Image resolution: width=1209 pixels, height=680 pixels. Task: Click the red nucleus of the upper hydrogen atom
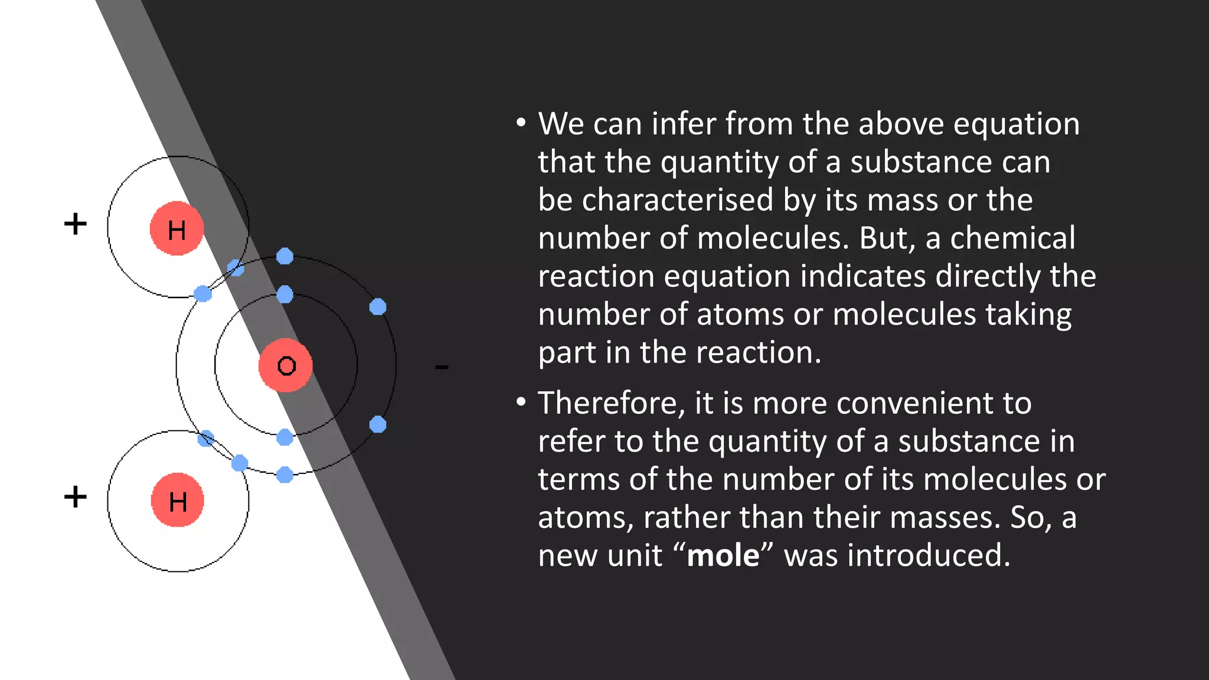click(177, 228)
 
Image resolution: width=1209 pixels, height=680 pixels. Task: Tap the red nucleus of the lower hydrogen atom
click(177, 501)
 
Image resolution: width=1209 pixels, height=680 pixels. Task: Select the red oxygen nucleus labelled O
click(286, 365)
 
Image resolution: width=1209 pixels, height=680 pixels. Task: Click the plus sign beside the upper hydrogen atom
click(76, 224)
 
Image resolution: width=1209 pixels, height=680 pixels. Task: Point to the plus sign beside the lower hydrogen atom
click(76, 496)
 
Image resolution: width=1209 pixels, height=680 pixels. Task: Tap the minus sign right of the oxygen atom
click(442, 367)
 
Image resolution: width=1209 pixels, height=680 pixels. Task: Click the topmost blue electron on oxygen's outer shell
click(285, 256)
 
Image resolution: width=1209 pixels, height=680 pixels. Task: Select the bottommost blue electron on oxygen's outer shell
click(285, 475)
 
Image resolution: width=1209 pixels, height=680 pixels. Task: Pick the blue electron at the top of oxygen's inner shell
click(285, 294)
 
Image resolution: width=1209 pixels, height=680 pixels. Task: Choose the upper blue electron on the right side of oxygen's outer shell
click(378, 307)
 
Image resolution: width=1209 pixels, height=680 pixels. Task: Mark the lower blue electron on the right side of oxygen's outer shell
click(378, 424)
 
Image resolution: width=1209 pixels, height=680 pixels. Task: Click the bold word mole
click(723, 555)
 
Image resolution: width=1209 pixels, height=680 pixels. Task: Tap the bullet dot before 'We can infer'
click(520, 123)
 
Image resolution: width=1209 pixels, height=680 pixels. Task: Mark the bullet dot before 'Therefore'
click(520, 403)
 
